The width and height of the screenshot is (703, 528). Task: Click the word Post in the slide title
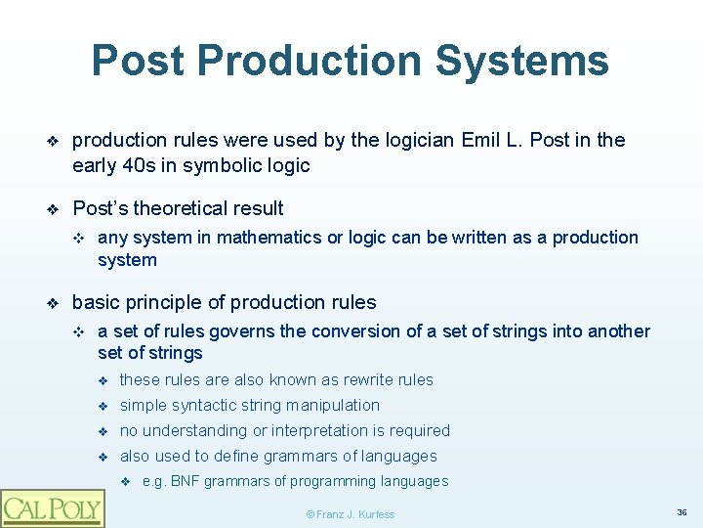(138, 61)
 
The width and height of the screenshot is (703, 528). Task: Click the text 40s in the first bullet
(135, 165)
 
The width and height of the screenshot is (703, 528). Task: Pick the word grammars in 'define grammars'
(301, 456)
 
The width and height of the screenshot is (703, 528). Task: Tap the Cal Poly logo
(52, 507)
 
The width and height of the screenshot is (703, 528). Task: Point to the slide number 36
(681, 511)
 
